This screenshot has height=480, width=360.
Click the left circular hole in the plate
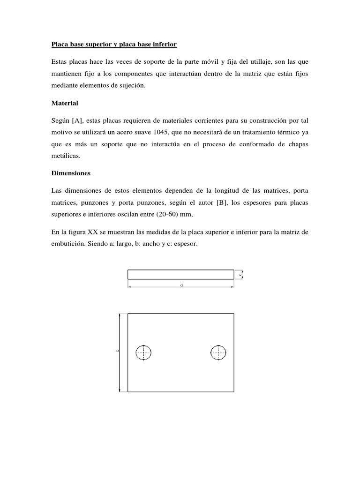coord(143,352)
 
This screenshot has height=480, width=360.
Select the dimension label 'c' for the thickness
coord(240,275)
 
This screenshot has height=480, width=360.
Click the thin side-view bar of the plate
coord(180,275)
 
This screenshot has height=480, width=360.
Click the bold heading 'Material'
coord(64,103)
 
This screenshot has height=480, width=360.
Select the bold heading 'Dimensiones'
coord(71,173)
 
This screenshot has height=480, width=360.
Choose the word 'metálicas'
coord(66,156)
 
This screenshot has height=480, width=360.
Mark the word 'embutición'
coord(67,244)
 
